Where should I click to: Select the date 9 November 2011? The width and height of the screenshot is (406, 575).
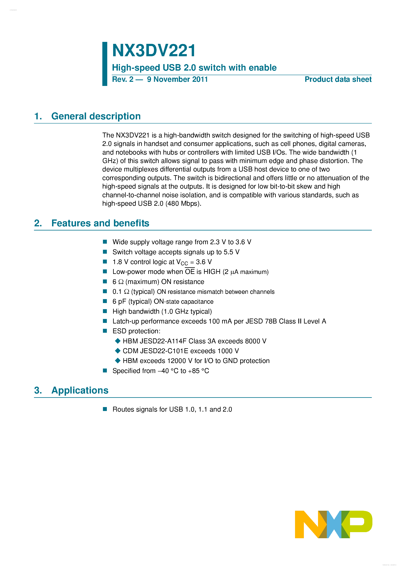point(177,79)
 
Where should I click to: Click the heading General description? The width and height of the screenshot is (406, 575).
point(96,116)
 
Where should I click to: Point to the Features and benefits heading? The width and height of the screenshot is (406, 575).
point(100,223)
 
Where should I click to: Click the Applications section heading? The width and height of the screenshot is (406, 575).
point(80,390)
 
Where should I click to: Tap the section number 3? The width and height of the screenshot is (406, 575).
point(38,390)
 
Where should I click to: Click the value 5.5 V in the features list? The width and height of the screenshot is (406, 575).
point(231,252)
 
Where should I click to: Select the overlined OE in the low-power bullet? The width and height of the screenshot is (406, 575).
point(190,272)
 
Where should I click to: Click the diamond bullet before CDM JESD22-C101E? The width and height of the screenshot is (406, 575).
point(118,351)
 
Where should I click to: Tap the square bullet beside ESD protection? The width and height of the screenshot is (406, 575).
point(105,331)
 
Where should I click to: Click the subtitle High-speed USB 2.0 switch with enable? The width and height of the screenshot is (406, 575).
point(194,68)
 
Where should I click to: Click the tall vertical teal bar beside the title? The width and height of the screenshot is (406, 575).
point(105,64)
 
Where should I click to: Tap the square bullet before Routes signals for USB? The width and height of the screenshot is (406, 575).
point(105,409)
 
